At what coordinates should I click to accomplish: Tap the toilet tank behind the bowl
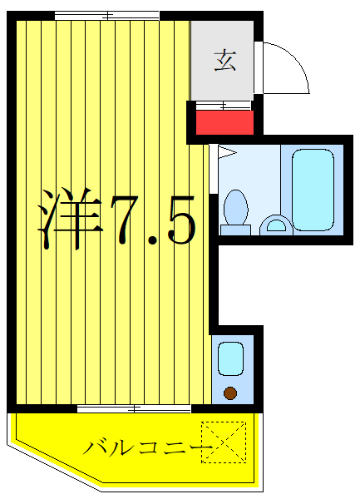point(235,229)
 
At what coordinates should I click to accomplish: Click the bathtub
point(313,189)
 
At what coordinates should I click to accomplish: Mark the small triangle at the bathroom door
point(223,151)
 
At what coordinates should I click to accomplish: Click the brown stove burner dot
point(230,393)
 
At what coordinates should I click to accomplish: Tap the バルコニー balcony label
point(142,447)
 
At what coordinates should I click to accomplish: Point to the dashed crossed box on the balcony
point(225,440)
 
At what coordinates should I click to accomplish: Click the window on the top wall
point(106,15)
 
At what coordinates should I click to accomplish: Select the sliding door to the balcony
point(133,408)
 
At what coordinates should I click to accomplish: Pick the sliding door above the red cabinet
point(223,105)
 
